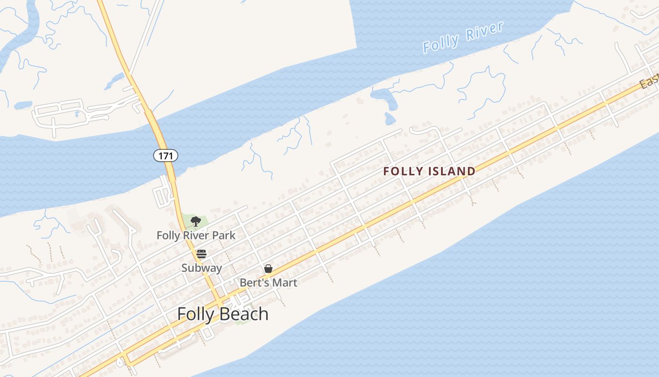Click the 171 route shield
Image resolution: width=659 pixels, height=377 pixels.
pos(166,155)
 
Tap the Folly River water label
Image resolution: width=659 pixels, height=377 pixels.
pos(463,37)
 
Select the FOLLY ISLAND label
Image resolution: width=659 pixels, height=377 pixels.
pos(429,171)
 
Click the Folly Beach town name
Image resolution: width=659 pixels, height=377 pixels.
pos(223,314)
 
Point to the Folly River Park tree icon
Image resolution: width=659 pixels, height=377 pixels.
pos(196,221)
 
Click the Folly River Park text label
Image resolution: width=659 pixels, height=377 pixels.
pos(196,235)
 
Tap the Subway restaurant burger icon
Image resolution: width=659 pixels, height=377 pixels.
pos(201,254)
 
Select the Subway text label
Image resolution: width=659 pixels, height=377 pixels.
pos(201,268)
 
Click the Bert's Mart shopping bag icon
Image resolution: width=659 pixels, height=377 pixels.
pos(268,269)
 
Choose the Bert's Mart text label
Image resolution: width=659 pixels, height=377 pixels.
pos(268,282)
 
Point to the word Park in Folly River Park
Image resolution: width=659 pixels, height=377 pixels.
pos(224,235)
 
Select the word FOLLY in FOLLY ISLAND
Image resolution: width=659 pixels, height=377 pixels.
pos(400,171)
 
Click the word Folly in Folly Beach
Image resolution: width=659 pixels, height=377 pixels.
pos(195,314)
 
